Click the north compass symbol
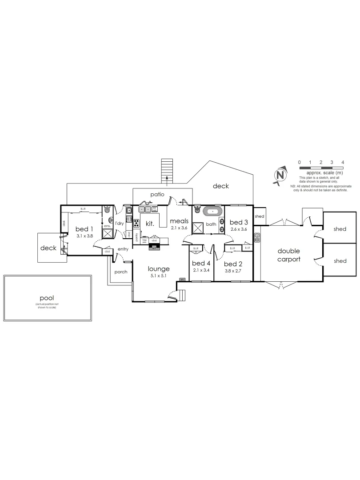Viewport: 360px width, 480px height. (x=280, y=174)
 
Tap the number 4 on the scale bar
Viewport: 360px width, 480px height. (x=343, y=162)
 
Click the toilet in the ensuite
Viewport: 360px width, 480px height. (x=107, y=210)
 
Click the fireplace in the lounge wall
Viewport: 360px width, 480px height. (x=154, y=247)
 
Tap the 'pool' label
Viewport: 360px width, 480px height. (x=47, y=298)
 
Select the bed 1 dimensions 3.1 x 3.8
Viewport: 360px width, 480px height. (x=84, y=236)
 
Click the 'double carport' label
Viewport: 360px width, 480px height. (x=288, y=255)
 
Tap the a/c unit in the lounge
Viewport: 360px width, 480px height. (x=182, y=279)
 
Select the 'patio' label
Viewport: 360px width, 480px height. (x=157, y=194)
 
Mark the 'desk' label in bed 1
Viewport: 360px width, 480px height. (x=64, y=223)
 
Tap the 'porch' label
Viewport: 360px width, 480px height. (x=120, y=272)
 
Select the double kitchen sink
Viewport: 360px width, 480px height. (x=144, y=209)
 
